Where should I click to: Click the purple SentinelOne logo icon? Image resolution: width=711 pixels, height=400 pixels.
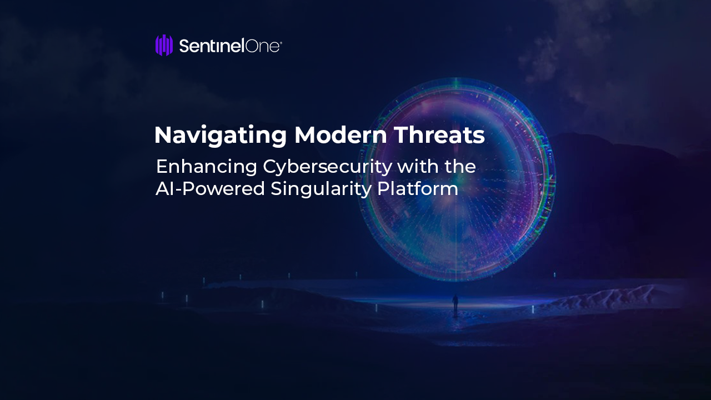[164, 45]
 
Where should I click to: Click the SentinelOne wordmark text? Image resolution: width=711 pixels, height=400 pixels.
[231, 46]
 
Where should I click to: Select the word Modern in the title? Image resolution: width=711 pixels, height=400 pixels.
[341, 135]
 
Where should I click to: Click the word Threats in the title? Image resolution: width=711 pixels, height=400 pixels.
[439, 135]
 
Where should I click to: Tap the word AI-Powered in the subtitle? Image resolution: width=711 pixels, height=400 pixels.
[210, 188]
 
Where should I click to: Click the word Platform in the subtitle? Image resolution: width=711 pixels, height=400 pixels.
[418, 188]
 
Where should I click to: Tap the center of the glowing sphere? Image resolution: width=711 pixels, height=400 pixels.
[457, 179]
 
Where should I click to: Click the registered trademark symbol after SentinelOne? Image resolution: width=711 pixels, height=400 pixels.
[281, 42]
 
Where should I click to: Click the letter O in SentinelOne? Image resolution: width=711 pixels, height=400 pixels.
[253, 46]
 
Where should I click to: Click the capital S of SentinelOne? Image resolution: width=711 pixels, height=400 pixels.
[184, 46]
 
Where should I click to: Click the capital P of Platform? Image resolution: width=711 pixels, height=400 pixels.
[383, 188]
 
